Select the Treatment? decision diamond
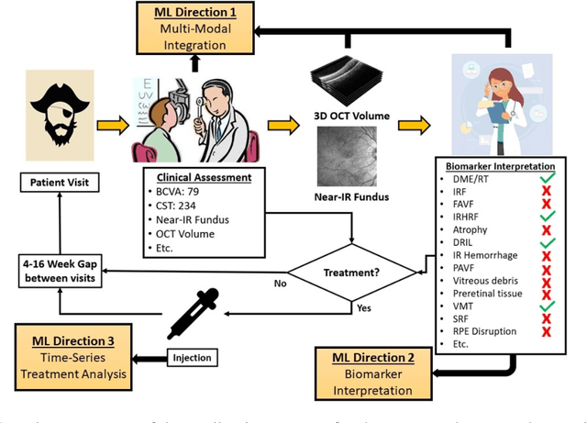tap(347, 273)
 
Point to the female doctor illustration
tap(496, 102)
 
